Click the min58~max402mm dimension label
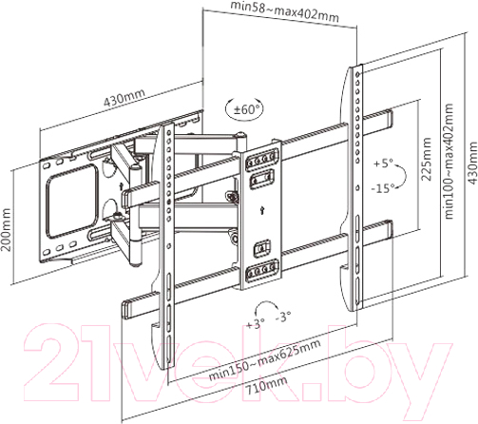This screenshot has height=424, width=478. (284, 11)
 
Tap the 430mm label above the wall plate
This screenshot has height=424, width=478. (124, 97)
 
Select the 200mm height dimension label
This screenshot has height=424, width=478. (6, 229)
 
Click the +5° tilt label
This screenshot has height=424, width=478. (383, 164)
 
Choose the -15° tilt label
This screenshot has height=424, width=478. (383, 188)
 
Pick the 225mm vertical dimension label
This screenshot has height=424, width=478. (426, 159)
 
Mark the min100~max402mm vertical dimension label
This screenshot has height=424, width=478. (449, 161)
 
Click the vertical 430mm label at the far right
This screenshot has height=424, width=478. (472, 163)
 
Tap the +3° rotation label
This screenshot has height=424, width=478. (256, 323)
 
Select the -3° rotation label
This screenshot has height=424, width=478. (283, 317)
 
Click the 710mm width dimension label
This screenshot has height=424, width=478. (267, 385)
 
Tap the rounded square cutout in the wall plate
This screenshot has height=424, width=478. (71, 201)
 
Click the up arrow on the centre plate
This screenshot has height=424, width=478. (262, 210)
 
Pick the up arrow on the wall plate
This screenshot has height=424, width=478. (121, 186)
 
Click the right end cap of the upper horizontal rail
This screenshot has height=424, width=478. (389, 120)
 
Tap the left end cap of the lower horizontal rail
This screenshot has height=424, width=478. (126, 310)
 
